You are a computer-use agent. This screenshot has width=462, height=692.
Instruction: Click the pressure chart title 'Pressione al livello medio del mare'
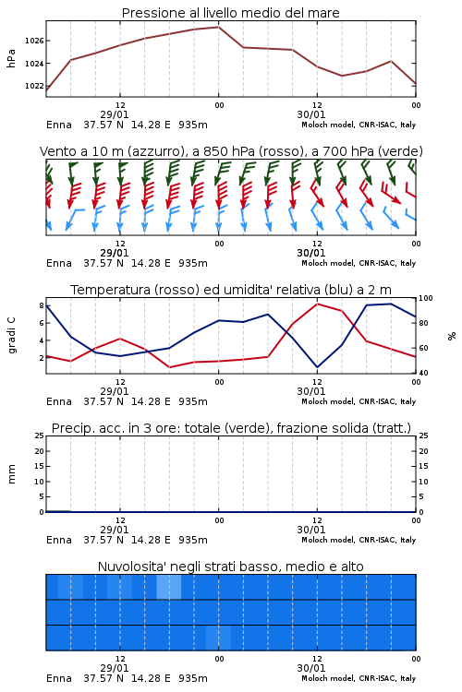(230, 13)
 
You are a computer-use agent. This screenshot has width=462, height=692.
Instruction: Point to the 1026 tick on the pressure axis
(34, 41)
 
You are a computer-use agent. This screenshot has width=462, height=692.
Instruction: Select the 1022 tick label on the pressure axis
(34, 86)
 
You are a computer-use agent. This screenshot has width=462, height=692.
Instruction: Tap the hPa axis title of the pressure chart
(11, 58)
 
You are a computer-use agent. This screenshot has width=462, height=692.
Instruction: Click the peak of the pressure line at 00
(218, 27)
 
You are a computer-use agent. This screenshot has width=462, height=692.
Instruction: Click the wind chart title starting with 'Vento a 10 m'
(231, 151)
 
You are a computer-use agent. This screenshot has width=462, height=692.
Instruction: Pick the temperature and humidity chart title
(231, 290)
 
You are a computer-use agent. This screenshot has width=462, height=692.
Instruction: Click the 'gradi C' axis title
(12, 335)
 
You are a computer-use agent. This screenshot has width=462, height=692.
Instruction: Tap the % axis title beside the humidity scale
(452, 336)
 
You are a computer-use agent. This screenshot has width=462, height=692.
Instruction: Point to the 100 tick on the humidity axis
(426, 298)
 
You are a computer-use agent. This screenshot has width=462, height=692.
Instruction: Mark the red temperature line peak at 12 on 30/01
(318, 304)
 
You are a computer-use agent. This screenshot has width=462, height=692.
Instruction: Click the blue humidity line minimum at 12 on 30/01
(318, 367)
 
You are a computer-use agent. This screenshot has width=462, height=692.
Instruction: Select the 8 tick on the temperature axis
(42, 305)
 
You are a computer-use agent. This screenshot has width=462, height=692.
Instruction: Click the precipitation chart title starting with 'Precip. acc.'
(231, 428)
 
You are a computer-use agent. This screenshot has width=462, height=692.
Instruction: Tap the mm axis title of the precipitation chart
(11, 474)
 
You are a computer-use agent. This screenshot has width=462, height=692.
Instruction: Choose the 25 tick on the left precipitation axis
(40, 436)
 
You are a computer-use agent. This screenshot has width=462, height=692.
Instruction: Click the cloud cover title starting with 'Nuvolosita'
(230, 567)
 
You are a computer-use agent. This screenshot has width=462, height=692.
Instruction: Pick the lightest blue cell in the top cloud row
(169, 587)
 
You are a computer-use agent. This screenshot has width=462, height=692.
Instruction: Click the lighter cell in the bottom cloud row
(218, 638)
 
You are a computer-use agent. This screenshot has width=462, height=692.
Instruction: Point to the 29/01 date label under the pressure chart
(115, 114)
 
